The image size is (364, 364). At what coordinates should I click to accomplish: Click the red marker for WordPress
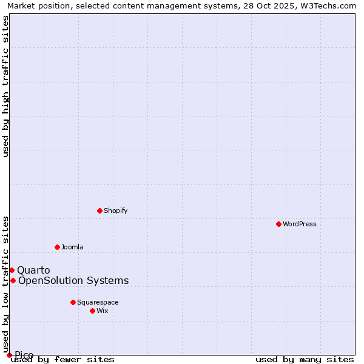pyautogui.click(x=278, y=224)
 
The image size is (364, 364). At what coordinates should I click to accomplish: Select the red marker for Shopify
pyautogui.click(x=99, y=211)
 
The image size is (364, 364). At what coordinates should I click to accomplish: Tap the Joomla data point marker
pyautogui.click(x=57, y=247)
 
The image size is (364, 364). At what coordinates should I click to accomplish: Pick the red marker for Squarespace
pyautogui.click(x=73, y=302)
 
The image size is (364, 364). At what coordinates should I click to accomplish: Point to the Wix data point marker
pyautogui.click(x=92, y=311)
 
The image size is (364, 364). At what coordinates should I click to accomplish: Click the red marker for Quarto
pyautogui.click(x=12, y=270)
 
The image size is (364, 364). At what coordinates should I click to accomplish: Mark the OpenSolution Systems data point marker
pyautogui.click(x=13, y=280)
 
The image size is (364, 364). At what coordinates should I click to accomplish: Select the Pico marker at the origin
pyautogui.click(x=9, y=355)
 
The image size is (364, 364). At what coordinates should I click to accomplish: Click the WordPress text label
pyautogui.click(x=300, y=224)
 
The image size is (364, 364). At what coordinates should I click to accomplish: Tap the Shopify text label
pyautogui.click(x=115, y=211)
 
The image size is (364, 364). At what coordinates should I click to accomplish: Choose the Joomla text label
pyautogui.click(x=72, y=247)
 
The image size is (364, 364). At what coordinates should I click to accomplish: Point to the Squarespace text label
pyautogui.click(x=98, y=302)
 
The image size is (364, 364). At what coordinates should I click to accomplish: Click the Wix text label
pyautogui.click(x=102, y=311)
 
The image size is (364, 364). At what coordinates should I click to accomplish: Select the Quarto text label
pyautogui.click(x=33, y=270)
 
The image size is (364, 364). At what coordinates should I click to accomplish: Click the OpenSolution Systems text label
pyautogui.click(x=73, y=280)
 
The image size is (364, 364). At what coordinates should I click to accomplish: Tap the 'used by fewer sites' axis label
pyautogui.click(x=63, y=360)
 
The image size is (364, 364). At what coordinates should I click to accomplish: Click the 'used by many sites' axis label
pyautogui.click(x=305, y=360)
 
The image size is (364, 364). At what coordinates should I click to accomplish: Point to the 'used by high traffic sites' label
pyautogui.click(x=6, y=86)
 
